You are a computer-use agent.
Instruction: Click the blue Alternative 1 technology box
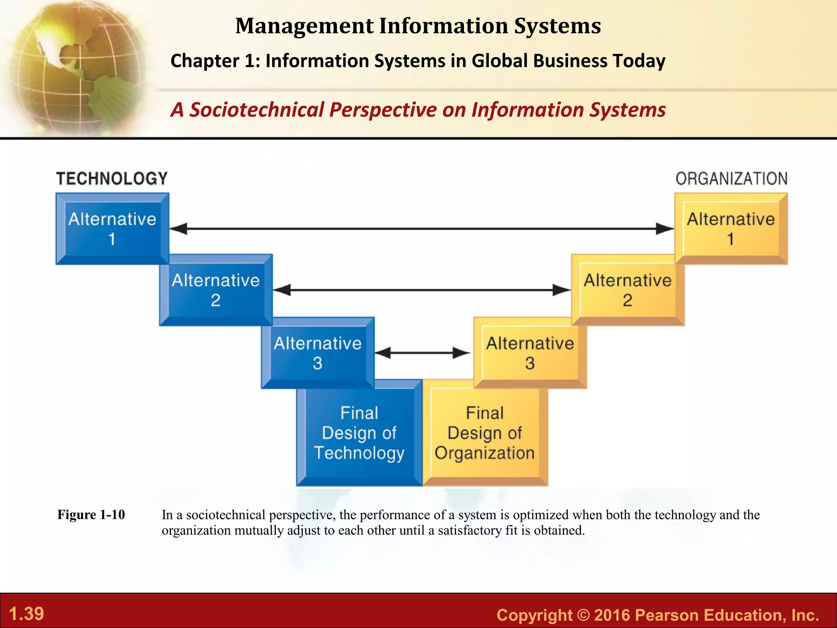click(x=112, y=229)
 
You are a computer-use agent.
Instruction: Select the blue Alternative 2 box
click(x=216, y=290)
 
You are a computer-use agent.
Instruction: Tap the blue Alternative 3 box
click(x=318, y=353)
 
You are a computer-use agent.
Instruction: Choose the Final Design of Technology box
click(x=359, y=433)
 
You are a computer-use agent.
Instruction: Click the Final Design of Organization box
click(x=485, y=433)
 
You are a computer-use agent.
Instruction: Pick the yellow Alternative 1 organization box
click(x=731, y=229)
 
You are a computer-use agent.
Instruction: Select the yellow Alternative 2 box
click(x=627, y=290)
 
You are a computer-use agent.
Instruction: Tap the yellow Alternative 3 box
click(x=530, y=353)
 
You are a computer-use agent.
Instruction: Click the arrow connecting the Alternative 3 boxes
click(x=423, y=353)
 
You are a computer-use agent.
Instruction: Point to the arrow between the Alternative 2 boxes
click(x=422, y=290)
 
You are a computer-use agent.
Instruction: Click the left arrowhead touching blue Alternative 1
click(x=179, y=229)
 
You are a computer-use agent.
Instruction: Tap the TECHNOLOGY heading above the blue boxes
click(x=112, y=179)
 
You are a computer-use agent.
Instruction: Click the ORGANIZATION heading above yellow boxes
click(x=731, y=179)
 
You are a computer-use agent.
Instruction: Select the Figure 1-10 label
click(x=91, y=514)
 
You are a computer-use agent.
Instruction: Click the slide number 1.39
click(x=27, y=614)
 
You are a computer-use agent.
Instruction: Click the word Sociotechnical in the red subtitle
click(x=257, y=110)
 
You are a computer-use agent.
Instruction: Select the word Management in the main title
click(x=304, y=26)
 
